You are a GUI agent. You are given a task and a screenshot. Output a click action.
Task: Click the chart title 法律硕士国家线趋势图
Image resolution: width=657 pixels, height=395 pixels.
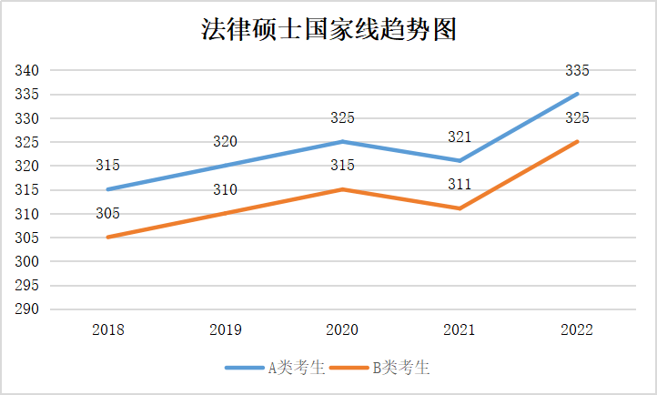click(328, 29)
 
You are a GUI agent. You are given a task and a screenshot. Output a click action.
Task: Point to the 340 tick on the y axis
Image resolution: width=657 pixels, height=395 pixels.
click(26, 71)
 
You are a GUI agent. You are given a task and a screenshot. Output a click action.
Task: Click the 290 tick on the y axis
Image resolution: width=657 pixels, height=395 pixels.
click(26, 309)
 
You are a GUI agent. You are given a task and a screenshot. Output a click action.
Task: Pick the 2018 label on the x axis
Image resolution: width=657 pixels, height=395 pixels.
click(107, 329)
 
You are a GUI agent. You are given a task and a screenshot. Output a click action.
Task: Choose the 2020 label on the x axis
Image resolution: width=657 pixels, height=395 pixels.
click(342, 329)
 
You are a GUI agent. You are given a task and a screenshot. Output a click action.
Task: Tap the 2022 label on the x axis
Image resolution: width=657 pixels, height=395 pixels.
click(577, 329)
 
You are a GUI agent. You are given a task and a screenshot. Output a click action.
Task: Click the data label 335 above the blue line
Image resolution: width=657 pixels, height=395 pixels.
click(577, 70)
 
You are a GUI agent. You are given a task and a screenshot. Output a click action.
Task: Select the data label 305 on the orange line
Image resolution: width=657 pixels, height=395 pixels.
click(107, 213)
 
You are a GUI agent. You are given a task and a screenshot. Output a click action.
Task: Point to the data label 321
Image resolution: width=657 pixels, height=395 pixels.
click(460, 137)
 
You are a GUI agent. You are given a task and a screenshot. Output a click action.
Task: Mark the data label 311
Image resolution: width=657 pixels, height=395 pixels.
click(460, 185)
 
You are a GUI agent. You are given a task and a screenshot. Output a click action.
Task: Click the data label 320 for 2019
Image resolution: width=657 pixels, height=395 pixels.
click(225, 142)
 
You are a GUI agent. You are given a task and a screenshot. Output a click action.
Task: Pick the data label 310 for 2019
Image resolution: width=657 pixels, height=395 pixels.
click(225, 189)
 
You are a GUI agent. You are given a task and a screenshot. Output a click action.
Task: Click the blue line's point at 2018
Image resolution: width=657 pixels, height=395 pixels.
click(107, 189)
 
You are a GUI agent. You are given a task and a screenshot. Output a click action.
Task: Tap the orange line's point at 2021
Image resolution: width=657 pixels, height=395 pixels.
click(460, 208)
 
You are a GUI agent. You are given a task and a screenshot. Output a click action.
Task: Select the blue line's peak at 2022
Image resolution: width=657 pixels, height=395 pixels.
click(577, 94)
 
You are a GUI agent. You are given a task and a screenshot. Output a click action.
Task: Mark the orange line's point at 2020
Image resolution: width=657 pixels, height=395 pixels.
click(342, 189)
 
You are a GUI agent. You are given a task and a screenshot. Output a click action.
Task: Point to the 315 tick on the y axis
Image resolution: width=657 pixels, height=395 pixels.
click(26, 190)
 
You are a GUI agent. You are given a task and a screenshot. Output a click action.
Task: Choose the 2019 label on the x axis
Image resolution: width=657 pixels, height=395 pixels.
click(225, 329)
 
